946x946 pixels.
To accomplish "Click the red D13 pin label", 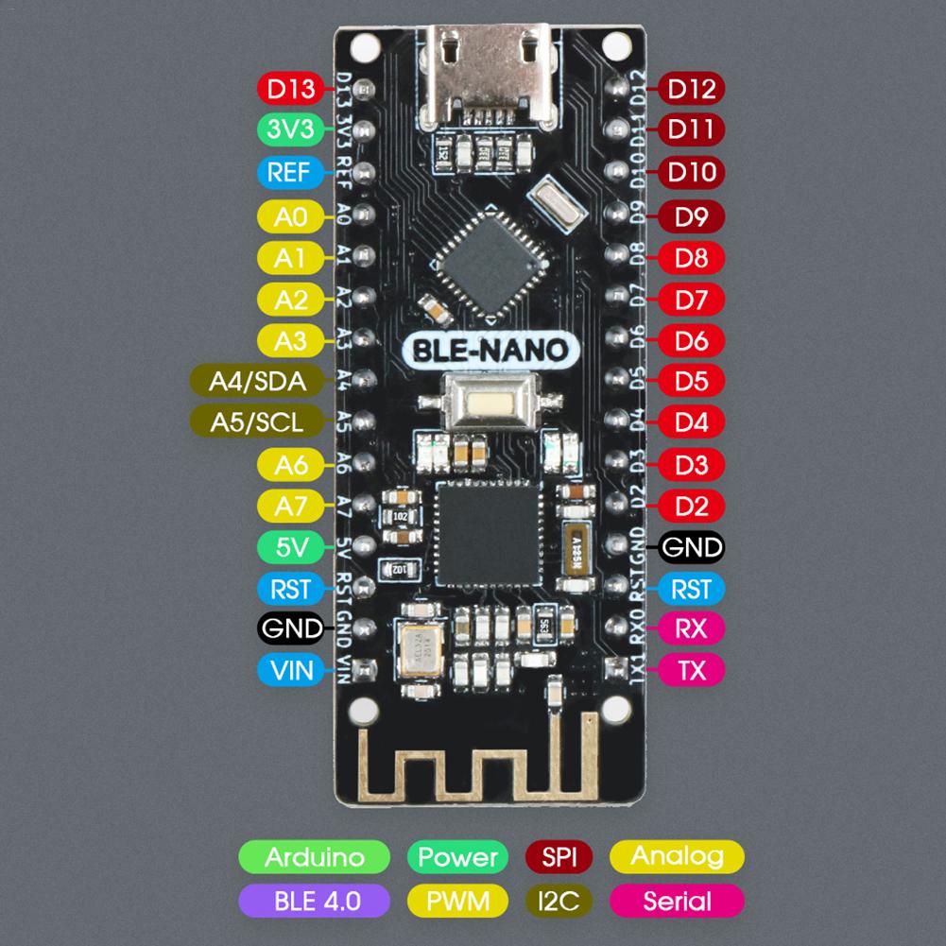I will tap(290, 89).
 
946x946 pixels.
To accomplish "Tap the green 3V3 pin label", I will tap(290, 130).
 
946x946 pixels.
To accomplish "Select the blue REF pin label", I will tap(290, 173).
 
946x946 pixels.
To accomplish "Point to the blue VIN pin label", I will tap(290, 671).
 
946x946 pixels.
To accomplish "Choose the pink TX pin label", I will tap(692, 671).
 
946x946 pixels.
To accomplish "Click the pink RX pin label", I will tap(692, 628).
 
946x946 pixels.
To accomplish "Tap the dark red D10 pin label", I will tap(692, 173).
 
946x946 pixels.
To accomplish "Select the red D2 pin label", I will tap(692, 506).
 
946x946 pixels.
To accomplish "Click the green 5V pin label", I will tap(290, 546).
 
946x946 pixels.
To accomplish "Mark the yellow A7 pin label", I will tap(290, 506).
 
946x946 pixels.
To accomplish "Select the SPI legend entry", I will tap(558, 857).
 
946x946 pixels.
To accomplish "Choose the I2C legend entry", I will tap(558, 900).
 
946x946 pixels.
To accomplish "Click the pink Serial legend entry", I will tap(677, 900).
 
